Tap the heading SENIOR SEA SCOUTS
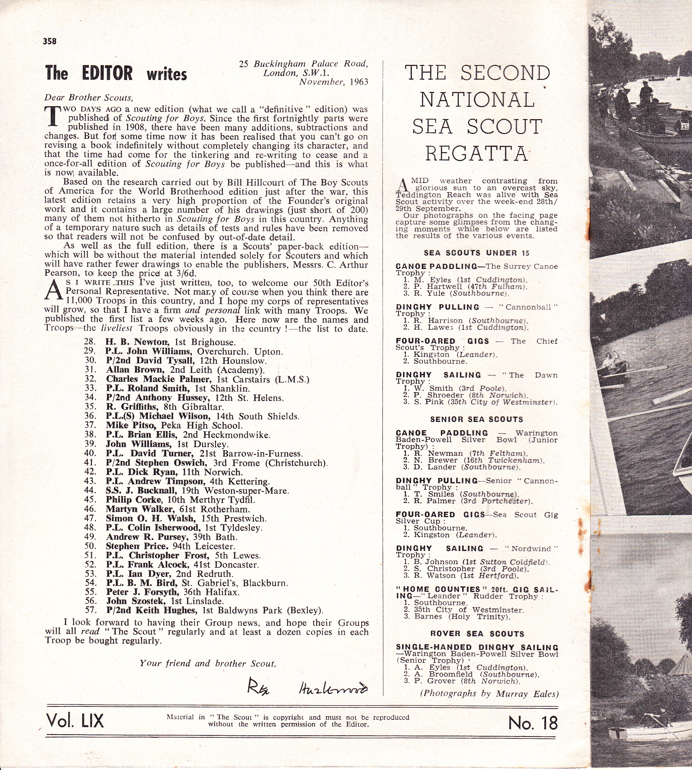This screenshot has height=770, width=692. point(476,419)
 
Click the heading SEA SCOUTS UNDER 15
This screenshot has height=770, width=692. point(476,253)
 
